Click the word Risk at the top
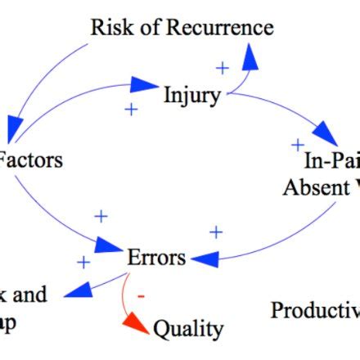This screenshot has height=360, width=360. coord(110,27)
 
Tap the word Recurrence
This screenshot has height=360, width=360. coord(219,27)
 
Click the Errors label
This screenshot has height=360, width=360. coord(156,257)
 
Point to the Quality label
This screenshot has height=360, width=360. coord(188,329)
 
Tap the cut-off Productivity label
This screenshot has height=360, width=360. coord(315,310)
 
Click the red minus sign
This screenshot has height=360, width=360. coord(141,295)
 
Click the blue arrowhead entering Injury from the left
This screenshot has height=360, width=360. coord(145,83)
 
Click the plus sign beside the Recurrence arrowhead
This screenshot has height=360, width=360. coord(221,66)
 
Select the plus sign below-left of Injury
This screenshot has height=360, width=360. coord(131,108)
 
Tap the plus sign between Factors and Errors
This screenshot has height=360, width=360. coord(101,216)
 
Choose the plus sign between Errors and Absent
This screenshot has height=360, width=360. coord(215,232)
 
